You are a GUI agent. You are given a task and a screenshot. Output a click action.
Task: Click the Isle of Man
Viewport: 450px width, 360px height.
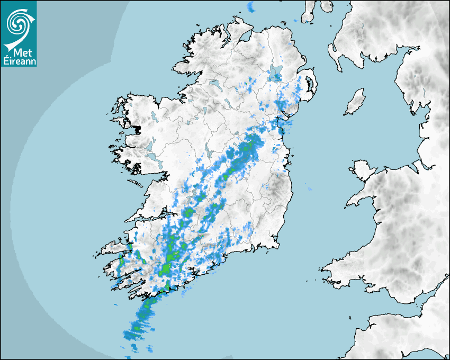tap(355, 102)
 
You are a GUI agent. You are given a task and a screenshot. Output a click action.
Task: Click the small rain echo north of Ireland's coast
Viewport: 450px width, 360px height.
tap(251, 7)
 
